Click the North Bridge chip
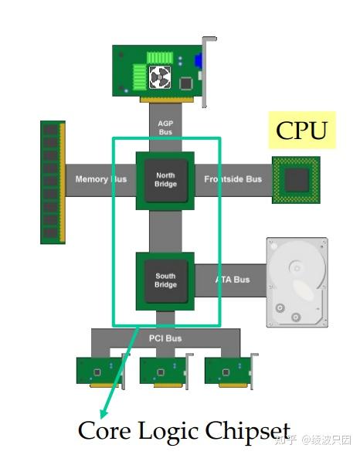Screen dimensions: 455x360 (x=165, y=180)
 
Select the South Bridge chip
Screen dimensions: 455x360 (x=165, y=280)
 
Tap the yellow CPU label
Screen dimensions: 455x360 (x=301, y=131)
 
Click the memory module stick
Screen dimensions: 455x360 (x=53, y=181)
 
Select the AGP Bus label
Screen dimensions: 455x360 (x=165, y=127)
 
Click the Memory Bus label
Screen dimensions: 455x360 (x=101, y=180)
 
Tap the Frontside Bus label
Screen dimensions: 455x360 (x=233, y=180)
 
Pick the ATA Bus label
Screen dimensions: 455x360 (x=233, y=280)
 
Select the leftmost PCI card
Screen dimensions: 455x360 (x=100, y=370)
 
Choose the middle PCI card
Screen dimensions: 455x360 (x=164, y=370)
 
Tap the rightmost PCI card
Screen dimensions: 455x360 (x=229, y=370)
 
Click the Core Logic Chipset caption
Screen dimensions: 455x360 (x=184, y=431)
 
